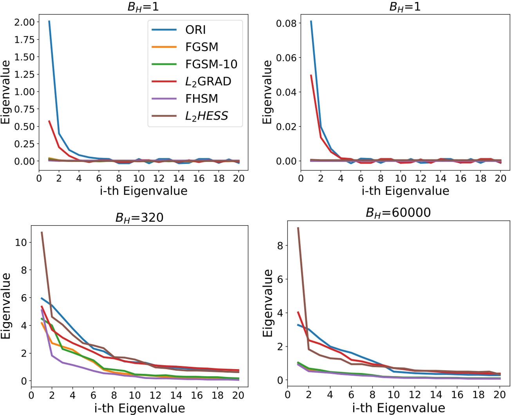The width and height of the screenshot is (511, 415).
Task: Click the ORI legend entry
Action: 195,30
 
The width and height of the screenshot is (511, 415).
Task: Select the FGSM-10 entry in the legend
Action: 211,64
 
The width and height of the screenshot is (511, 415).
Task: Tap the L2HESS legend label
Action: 206,116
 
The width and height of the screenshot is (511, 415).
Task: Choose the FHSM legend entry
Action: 201,99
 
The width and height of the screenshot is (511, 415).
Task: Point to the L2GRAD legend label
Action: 208,82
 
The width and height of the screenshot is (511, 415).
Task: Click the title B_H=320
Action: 139,217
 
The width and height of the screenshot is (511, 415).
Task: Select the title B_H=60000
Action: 398,213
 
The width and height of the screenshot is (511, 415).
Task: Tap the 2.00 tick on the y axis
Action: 24,22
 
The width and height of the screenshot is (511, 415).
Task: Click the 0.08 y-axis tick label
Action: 286,23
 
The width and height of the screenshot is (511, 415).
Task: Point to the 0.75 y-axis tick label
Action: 24,109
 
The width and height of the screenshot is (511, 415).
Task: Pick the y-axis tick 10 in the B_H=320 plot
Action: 21,243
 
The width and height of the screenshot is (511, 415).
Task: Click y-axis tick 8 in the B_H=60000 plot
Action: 280,246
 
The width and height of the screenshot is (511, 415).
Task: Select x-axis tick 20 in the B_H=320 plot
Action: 238,395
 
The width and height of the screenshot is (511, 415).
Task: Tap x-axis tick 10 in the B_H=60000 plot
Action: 393,395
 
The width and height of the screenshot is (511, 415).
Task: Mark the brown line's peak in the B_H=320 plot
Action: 42,232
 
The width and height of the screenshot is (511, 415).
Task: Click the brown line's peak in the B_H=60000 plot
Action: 298,228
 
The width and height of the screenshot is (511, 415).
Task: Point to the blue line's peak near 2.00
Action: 49,21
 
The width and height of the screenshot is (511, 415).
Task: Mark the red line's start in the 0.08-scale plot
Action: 311,75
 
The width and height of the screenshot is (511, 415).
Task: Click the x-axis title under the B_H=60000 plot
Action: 398,408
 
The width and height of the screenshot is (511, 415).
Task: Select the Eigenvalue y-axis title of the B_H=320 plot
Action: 6,306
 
